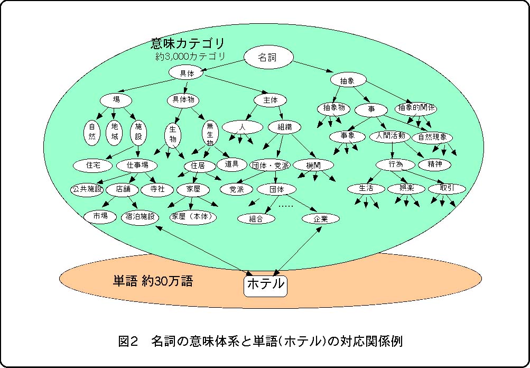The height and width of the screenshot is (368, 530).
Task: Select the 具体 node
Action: tap(184, 73)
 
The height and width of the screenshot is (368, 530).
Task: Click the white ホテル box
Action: tap(265, 285)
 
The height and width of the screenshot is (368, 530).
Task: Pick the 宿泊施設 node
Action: tap(141, 216)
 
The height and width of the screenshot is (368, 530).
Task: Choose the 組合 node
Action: tap(256, 218)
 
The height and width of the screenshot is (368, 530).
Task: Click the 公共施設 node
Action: tap(88, 189)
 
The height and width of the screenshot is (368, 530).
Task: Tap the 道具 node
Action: tap(232, 164)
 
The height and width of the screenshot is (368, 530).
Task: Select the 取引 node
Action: tap(447, 189)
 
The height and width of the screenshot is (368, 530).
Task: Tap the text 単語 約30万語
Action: tap(153, 281)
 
